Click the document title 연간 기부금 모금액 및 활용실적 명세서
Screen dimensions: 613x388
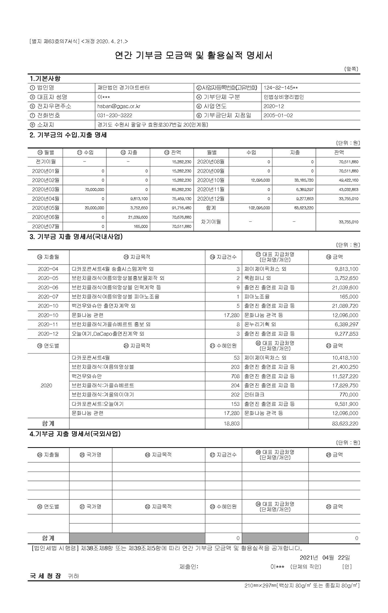[194, 55]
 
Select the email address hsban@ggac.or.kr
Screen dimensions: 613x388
[119, 106]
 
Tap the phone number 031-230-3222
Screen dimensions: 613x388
[114, 115]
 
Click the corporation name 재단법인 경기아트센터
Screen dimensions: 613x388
[123, 88]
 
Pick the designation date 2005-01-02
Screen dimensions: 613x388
[278, 115]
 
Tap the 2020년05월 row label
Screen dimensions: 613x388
[45, 208]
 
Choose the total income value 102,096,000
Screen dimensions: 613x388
[259, 208]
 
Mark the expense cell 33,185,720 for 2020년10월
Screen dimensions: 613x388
[303, 181]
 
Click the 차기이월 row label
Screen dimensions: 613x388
[211, 222]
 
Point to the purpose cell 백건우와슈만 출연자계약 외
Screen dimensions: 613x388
[104, 306]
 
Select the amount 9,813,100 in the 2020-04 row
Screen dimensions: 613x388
[346, 269]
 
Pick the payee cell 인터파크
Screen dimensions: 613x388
[254, 395]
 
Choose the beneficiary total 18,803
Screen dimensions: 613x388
[232, 423]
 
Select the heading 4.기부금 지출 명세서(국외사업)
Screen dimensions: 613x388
[75, 434]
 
